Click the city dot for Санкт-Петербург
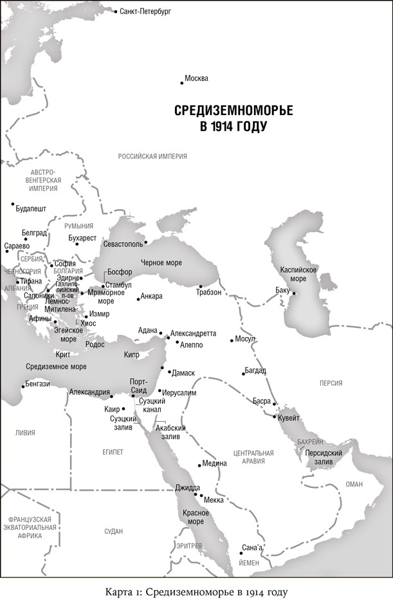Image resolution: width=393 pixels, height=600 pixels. tap(115, 12)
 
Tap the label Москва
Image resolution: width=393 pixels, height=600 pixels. tap(196, 78)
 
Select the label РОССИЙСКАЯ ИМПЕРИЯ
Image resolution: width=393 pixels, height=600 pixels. tap(152, 156)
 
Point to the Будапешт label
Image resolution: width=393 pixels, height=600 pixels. tap(31, 209)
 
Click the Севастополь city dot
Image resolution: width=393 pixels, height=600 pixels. tap(146, 242)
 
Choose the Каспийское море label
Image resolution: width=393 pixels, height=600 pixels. tap(297, 274)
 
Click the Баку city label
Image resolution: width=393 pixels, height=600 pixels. tap(282, 289)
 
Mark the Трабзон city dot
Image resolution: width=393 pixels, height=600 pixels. tap(201, 286)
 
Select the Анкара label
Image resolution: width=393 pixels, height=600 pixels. tap(152, 296)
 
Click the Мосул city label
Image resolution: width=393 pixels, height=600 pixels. tap(246, 338)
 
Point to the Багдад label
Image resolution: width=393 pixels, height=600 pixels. tap(255, 370)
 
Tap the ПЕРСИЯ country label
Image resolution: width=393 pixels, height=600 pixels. tap(331, 383)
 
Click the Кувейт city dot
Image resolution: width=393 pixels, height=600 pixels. tap(275, 417)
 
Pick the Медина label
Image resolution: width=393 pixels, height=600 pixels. tap(214, 463)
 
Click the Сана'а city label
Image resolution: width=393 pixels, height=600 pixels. tap(252, 547)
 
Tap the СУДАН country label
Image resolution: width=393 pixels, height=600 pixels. tap(113, 531)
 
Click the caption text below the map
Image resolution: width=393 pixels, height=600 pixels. tap(196, 590)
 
